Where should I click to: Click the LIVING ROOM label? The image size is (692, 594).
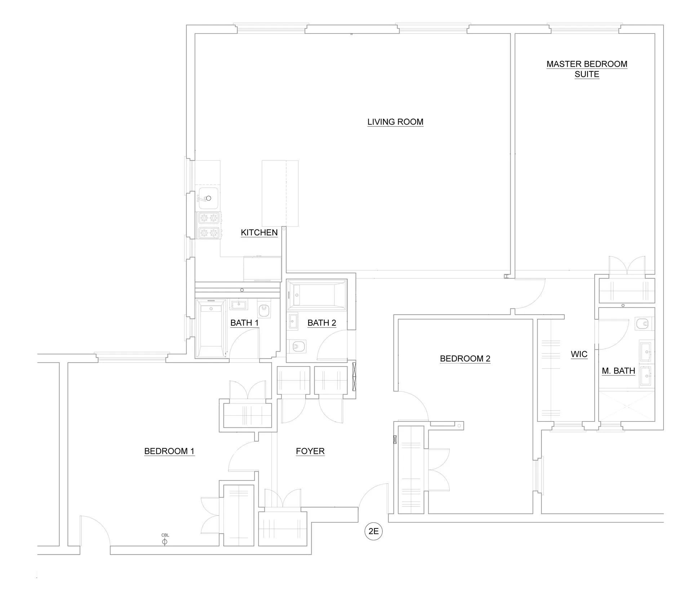pyautogui.click(x=395, y=122)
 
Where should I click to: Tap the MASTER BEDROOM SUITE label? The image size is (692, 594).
pyautogui.click(x=586, y=69)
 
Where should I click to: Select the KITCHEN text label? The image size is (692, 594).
pyautogui.click(x=259, y=232)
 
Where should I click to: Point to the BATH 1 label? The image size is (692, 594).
pyautogui.click(x=244, y=322)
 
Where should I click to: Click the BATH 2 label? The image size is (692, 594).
pyautogui.click(x=321, y=322)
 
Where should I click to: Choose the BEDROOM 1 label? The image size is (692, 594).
pyautogui.click(x=169, y=451)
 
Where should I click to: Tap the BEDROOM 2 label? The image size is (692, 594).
pyautogui.click(x=465, y=358)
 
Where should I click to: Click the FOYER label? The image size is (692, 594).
pyautogui.click(x=310, y=451)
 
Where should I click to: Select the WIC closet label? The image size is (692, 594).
pyautogui.click(x=579, y=354)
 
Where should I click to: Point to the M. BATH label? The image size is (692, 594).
pyautogui.click(x=618, y=371)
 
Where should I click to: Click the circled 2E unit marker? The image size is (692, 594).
pyautogui.click(x=373, y=531)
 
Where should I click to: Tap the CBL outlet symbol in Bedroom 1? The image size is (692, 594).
pyautogui.click(x=165, y=541)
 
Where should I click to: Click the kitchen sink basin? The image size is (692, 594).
pyautogui.click(x=207, y=198)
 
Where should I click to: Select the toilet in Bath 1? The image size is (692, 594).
pyautogui.click(x=264, y=309)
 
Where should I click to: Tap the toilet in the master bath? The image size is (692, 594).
pyautogui.click(x=643, y=323)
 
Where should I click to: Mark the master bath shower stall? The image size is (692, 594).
pyautogui.click(x=626, y=406)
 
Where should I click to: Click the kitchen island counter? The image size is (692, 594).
pyautogui.click(x=280, y=193)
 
